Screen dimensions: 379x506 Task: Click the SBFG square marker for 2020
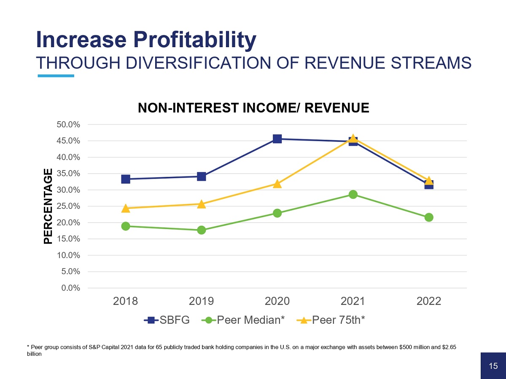(277, 139)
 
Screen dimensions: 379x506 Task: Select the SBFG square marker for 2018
(126, 179)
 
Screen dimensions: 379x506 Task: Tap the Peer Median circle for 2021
(353, 195)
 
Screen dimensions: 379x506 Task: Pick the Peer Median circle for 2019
(202, 230)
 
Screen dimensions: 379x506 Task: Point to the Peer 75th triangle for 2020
(277, 184)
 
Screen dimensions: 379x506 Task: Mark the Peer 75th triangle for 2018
(126, 208)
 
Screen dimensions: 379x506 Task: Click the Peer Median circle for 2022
(429, 217)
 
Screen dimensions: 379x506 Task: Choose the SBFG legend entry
(167, 320)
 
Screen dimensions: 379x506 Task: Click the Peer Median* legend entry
(243, 320)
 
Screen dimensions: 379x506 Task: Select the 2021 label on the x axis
(353, 302)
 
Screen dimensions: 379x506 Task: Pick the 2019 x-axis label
(202, 302)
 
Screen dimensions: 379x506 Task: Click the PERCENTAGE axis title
(49, 206)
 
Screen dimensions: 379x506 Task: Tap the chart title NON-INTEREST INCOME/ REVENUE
(253, 108)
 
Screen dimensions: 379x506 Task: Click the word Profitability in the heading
(194, 40)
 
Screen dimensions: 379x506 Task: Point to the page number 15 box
(493, 366)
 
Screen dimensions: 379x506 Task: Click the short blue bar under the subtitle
(56, 76)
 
